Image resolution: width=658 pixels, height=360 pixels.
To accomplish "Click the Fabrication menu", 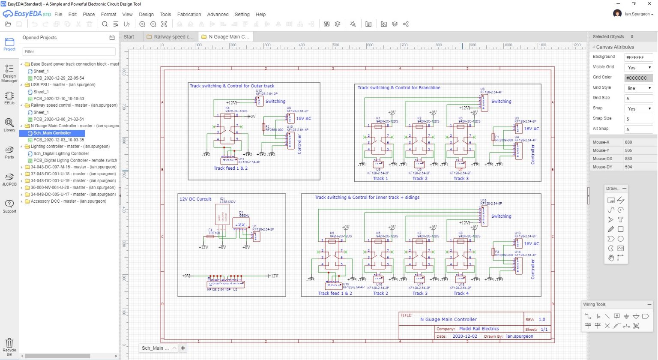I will click(x=189, y=14).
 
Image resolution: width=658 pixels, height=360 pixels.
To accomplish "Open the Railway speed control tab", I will click(x=173, y=37).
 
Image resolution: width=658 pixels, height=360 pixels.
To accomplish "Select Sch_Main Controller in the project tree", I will click(x=52, y=133).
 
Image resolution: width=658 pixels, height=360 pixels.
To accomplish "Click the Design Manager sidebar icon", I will click(x=9, y=73).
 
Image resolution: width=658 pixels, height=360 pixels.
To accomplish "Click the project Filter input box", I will click(x=69, y=52).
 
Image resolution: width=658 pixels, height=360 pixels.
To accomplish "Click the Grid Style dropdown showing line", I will click(x=638, y=88).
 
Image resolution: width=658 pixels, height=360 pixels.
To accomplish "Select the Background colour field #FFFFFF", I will click(x=638, y=57).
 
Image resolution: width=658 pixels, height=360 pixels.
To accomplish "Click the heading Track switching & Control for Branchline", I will click(x=399, y=87).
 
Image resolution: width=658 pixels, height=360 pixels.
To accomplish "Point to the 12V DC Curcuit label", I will click(x=195, y=199).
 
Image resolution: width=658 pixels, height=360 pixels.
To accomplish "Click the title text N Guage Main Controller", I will click(x=448, y=319).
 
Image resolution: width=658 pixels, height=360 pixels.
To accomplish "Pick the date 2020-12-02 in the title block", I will click(x=465, y=336).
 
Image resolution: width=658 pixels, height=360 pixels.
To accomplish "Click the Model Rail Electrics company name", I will click(x=479, y=329).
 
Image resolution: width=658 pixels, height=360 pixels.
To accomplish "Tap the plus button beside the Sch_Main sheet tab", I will click(x=183, y=348).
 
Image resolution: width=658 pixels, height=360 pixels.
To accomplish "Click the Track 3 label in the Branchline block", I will click(x=461, y=178).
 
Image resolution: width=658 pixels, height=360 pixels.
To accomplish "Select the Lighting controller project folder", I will click(x=68, y=147).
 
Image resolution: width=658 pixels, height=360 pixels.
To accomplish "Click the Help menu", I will click(x=260, y=14).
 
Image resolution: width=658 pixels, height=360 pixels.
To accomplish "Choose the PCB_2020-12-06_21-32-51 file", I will click(x=59, y=119).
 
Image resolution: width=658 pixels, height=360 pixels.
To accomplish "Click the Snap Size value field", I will click(x=638, y=119).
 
